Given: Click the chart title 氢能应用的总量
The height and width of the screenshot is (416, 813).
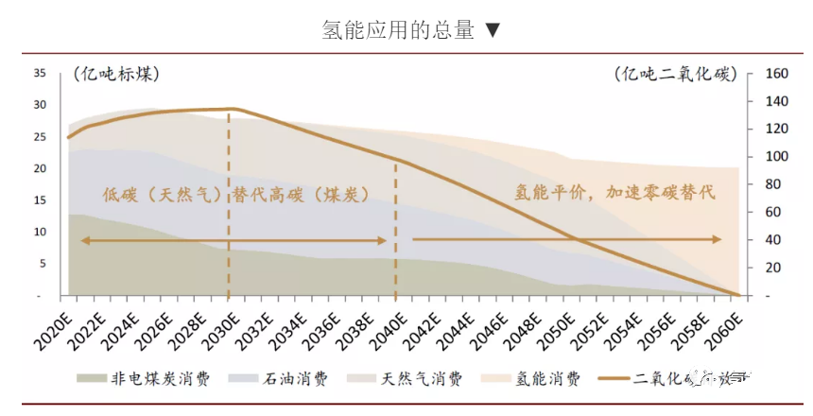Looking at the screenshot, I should pyautogui.click(x=397, y=29).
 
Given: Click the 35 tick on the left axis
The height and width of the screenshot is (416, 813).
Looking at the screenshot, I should pyautogui.click(x=40, y=73).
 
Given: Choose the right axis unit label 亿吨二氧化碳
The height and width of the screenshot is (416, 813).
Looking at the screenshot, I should pyautogui.click(x=674, y=74).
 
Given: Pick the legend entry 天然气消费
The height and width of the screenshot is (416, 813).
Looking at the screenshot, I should pyautogui.click(x=423, y=378).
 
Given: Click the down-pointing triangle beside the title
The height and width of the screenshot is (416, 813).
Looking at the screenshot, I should pyautogui.click(x=493, y=30).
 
